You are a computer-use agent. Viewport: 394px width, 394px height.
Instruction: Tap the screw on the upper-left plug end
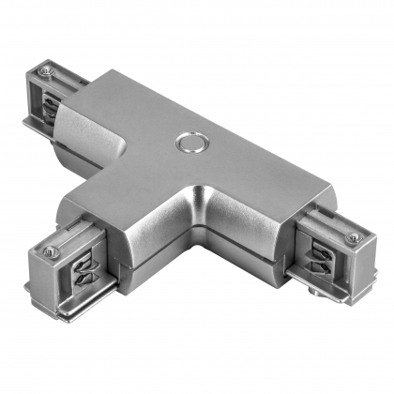point(47,72)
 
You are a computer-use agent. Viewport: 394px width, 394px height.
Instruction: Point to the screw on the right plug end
point(355,238)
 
